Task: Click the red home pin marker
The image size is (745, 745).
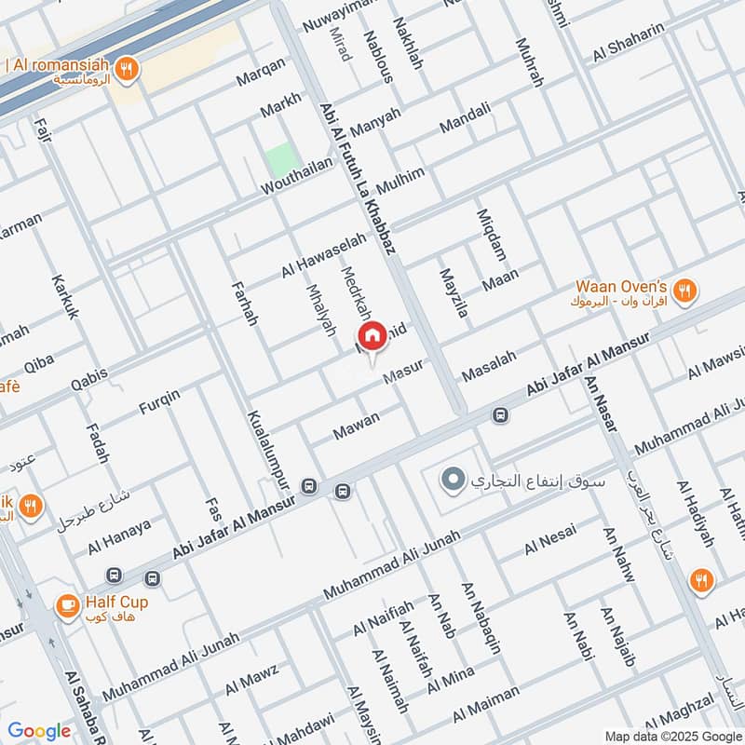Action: (372, 336)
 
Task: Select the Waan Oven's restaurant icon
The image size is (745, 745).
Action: (685, 291)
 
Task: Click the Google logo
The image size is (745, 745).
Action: (39, 731)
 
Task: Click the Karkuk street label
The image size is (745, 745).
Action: (64, 297)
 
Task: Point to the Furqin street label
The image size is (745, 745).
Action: (159, 402)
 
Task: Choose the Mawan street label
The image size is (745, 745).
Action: (357, 426)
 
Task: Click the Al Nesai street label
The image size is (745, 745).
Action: (550, 539)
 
